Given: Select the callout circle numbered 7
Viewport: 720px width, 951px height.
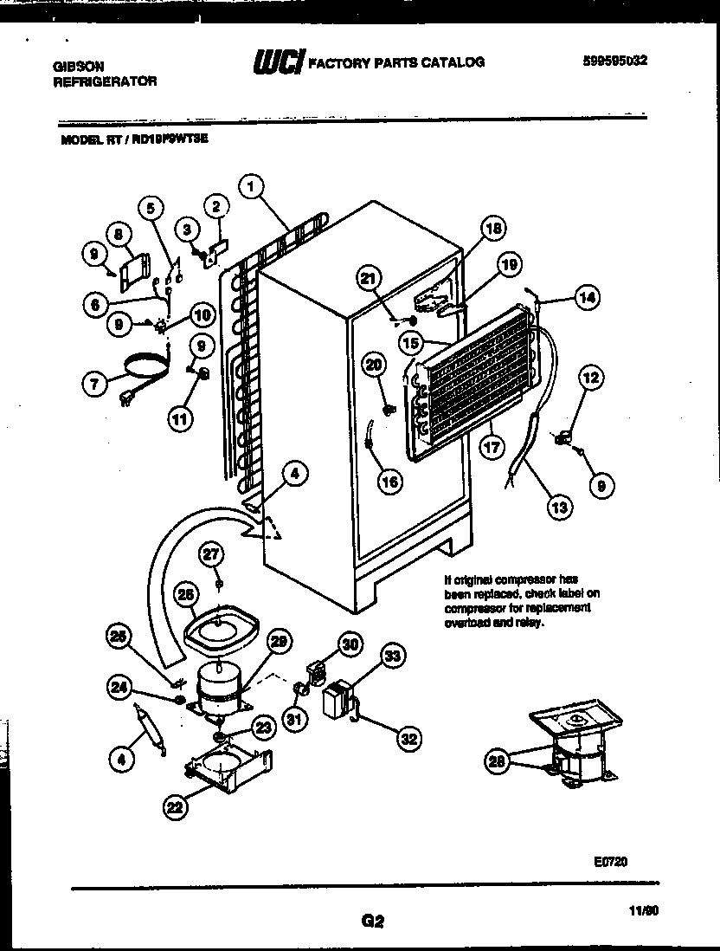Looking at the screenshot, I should pyautogui.click(x=95, y=383).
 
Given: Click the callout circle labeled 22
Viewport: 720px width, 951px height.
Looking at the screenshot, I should pyautogui.click(x=176, y=808).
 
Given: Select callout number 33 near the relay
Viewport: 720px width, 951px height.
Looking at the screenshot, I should pyautogui.click(x=392, y=657).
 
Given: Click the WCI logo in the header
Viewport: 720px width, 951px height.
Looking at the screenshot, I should pyautogui.click(x=277, y=62).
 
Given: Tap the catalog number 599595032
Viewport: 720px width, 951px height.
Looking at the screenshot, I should pyautogui.click(x=616, y=60).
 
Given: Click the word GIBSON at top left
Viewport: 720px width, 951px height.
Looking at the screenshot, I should pyautogui.click(x=75, y=66).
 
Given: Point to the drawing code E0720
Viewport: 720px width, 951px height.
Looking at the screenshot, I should pyautogui.click(x=610, y=861).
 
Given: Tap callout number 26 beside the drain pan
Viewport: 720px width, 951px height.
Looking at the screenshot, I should pyautogui.click(x=186, y=594).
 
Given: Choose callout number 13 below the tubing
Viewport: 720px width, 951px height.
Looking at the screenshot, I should pyautogui.click(x=559, y=506).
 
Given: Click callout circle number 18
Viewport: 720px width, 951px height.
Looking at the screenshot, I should pyautogui.click(x=492, y=230).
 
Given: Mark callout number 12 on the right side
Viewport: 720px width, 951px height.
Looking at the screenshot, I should pyautogui.click(x=591, y=378).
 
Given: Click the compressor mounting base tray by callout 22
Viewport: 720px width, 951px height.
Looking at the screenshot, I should pyautogui.click(x=229, y=768).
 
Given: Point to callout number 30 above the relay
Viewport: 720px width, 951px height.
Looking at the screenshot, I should pyautogui.click(x=349, y=644).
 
